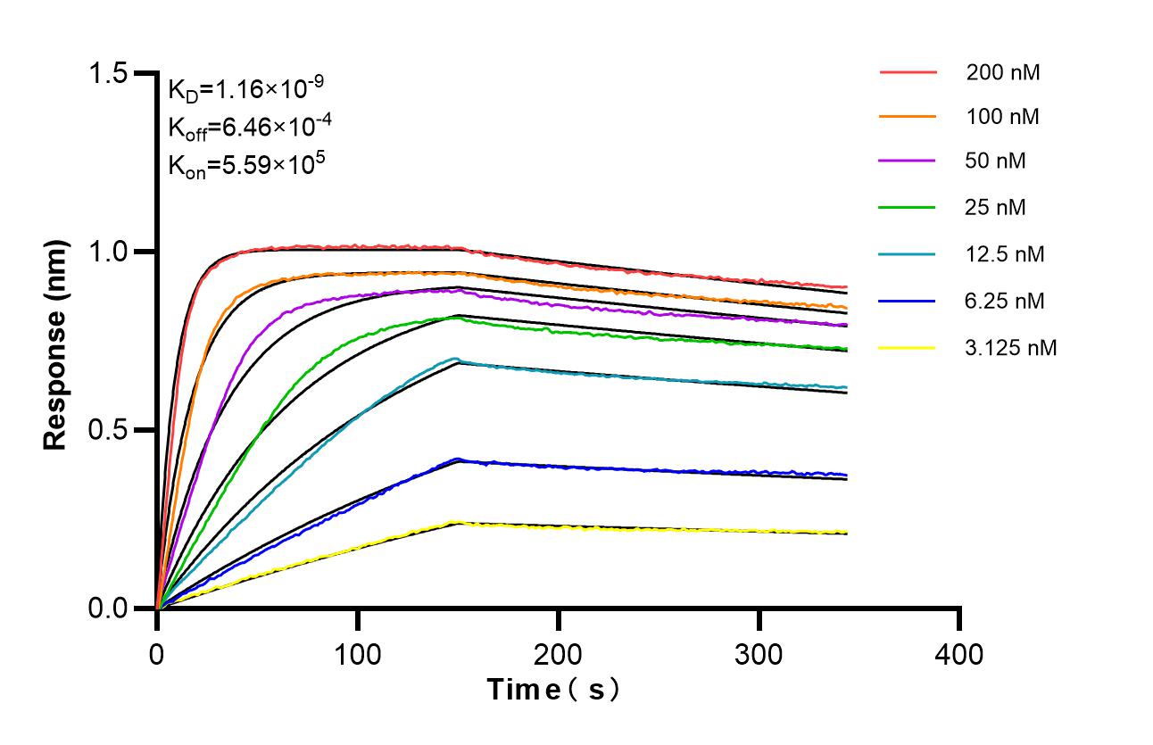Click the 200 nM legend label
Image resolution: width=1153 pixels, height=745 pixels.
(1002, 72)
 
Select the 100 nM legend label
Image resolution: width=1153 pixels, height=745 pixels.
(1002, 117)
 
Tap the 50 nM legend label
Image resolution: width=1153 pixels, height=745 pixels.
(996, 161)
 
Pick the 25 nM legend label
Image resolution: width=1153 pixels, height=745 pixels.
(996, 208)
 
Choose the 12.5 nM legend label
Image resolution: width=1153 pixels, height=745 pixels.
(1005, 254)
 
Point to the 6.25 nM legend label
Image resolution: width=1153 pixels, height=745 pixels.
(1005, 301)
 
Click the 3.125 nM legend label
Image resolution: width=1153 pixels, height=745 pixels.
(1011, 348)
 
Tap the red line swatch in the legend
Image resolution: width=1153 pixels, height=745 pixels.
(908, 71)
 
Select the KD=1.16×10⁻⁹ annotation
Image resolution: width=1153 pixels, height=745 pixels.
(245, 89)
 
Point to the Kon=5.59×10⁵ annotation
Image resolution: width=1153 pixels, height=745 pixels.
(240, 164)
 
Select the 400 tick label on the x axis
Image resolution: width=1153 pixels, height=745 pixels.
(959, 655)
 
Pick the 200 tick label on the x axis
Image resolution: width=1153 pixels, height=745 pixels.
(559, 655)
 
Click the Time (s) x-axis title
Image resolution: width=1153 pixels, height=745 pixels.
(552, 690)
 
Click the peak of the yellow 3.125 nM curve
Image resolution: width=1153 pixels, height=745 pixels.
(457, 522)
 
